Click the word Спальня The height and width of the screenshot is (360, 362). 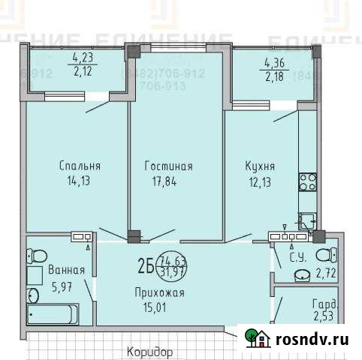click(x=79, y=166)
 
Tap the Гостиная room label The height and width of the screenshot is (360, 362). click(x=169, y=166)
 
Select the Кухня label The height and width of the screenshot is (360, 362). click(x=258, y=166)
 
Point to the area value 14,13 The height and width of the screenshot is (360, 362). click(x=79, y=180)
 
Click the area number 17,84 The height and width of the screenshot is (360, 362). click(x=169, y=180)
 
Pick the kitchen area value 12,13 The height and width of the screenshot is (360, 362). click(x=258, y=180)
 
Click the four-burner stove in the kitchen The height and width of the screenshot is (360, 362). click(x=308, y=181)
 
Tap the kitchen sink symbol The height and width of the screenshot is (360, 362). click(x=307, y=220)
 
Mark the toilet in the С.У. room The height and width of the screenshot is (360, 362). click(x=325, y=254)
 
